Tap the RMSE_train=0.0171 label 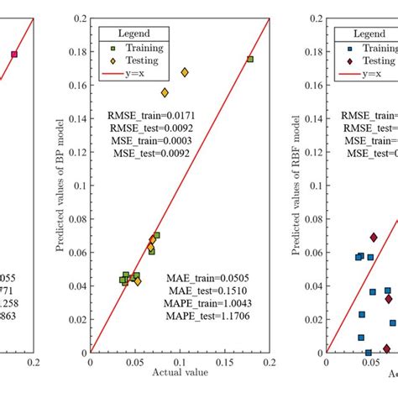click(149, 113)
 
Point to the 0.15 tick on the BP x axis click(224, 363)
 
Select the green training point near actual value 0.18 click(250, 59)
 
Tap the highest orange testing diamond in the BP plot click(185, 72)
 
